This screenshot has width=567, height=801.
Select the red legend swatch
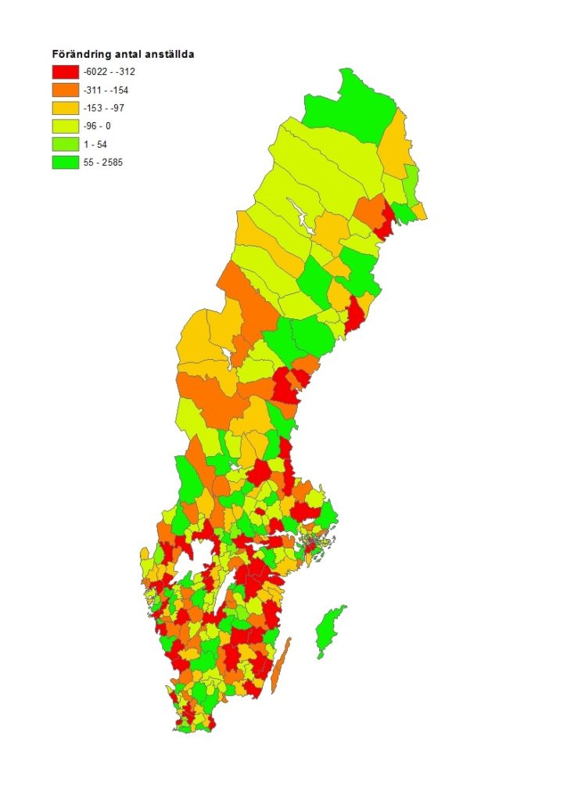point(66,72)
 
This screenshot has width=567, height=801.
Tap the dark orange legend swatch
point(66,90)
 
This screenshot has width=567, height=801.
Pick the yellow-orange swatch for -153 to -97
point(66,108)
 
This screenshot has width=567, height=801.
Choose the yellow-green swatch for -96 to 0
point(66,126)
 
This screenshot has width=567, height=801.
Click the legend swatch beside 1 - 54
point(66,144)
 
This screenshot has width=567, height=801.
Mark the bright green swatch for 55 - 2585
point(66,163)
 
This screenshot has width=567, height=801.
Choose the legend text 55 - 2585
point(106,163)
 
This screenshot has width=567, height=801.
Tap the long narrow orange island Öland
point(282,665)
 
